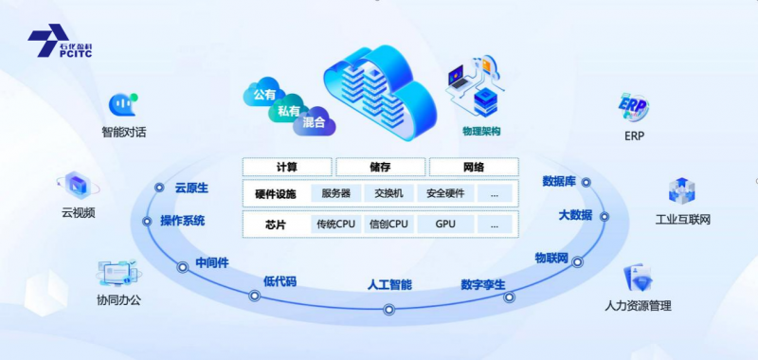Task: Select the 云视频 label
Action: click(78, 213)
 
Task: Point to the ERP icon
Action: click(633, 106)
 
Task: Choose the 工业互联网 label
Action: click(682, 220)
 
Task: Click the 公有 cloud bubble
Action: click(264, 95)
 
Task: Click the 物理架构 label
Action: click(480, 131)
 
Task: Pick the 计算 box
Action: click(286, 168)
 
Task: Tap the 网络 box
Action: click(473, 168)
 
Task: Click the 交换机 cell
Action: click(388, 194)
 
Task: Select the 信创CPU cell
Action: click(388, 225)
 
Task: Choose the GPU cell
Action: click(445, 225)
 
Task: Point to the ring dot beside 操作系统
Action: click(147, 222)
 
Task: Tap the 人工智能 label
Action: click(389, 284)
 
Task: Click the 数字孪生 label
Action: click(483, 284)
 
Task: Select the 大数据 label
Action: click(575, 215)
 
